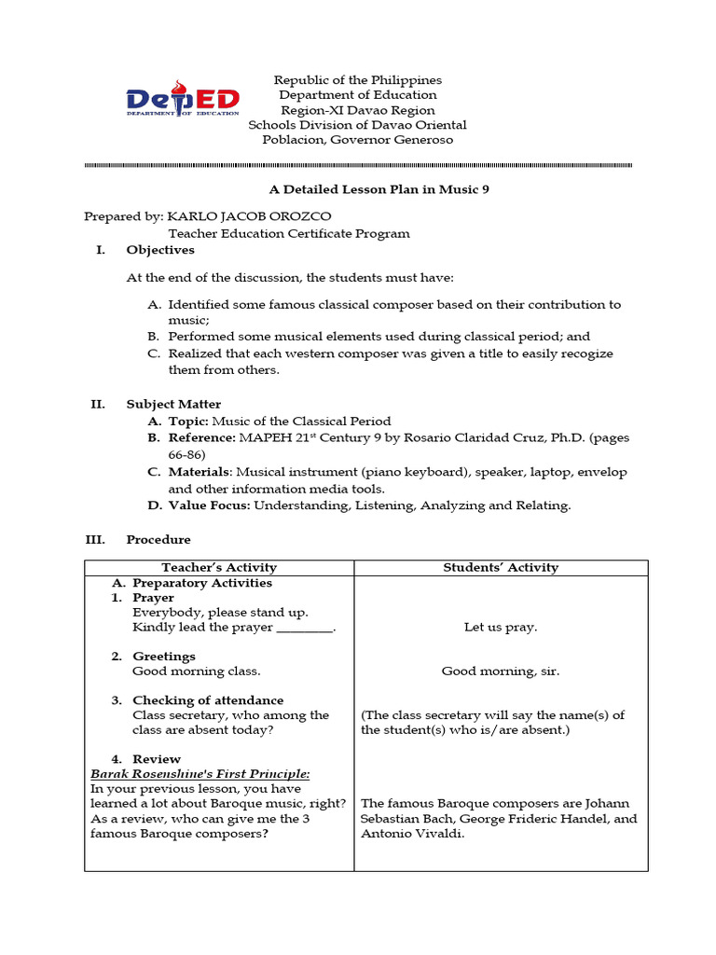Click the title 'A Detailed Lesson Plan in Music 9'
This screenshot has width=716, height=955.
379,188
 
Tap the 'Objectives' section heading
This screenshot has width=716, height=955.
160,250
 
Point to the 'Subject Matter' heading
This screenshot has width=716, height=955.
173,404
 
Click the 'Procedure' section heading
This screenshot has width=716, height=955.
158,539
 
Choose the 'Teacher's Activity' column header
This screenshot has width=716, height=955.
219,567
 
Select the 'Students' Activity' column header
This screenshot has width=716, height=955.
501,567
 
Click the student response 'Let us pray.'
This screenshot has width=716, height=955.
501,628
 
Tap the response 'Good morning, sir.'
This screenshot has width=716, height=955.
501,671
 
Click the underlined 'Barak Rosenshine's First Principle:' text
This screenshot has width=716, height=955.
200,774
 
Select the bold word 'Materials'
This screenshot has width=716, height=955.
200,472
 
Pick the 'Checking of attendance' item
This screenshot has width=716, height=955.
208,700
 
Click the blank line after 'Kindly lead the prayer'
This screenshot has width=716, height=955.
304,629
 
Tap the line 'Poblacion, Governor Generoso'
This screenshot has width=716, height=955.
358,140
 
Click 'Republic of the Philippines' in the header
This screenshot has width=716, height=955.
358,80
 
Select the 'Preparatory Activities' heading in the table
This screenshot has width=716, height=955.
202,583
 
